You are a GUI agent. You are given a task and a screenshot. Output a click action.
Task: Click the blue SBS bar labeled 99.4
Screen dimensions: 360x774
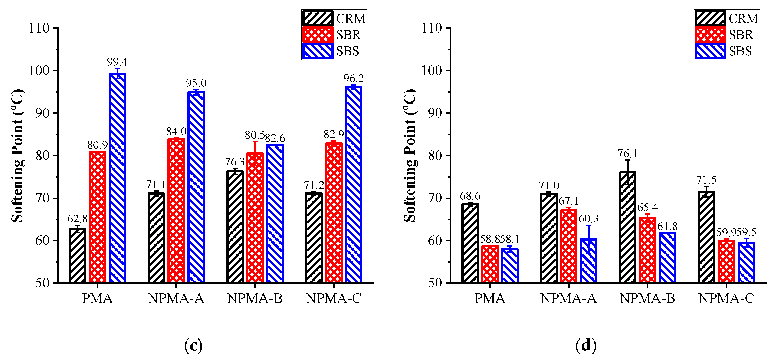[117, 177]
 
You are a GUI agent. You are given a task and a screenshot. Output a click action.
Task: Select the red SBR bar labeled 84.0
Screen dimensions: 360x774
[176, 210]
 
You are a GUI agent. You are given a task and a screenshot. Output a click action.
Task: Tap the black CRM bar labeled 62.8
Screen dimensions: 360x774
[78, 255]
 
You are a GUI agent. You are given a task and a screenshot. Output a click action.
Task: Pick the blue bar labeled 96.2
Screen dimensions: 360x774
[353, 185]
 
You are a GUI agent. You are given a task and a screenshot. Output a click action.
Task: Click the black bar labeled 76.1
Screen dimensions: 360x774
[628, 227]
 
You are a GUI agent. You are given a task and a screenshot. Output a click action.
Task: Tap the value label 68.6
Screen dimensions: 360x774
[470, 196]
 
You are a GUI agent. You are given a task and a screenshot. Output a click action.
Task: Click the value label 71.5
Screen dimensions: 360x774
[706, 180]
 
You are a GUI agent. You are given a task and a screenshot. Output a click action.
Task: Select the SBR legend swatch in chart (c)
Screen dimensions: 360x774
[318, 35]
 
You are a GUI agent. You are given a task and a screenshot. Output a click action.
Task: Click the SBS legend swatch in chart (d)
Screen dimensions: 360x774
[710, 51]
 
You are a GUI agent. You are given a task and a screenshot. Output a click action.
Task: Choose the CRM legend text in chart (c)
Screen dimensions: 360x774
[351, 19]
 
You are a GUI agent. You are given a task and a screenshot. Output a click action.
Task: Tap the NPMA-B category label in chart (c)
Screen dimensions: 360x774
[255, 298]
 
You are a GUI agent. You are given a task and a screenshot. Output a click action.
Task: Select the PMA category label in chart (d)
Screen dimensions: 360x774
[490, 298]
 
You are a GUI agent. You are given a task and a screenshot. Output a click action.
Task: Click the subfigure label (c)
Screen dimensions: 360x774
[193, 346]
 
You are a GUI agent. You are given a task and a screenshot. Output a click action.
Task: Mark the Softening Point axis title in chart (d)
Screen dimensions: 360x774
[410, 156]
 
